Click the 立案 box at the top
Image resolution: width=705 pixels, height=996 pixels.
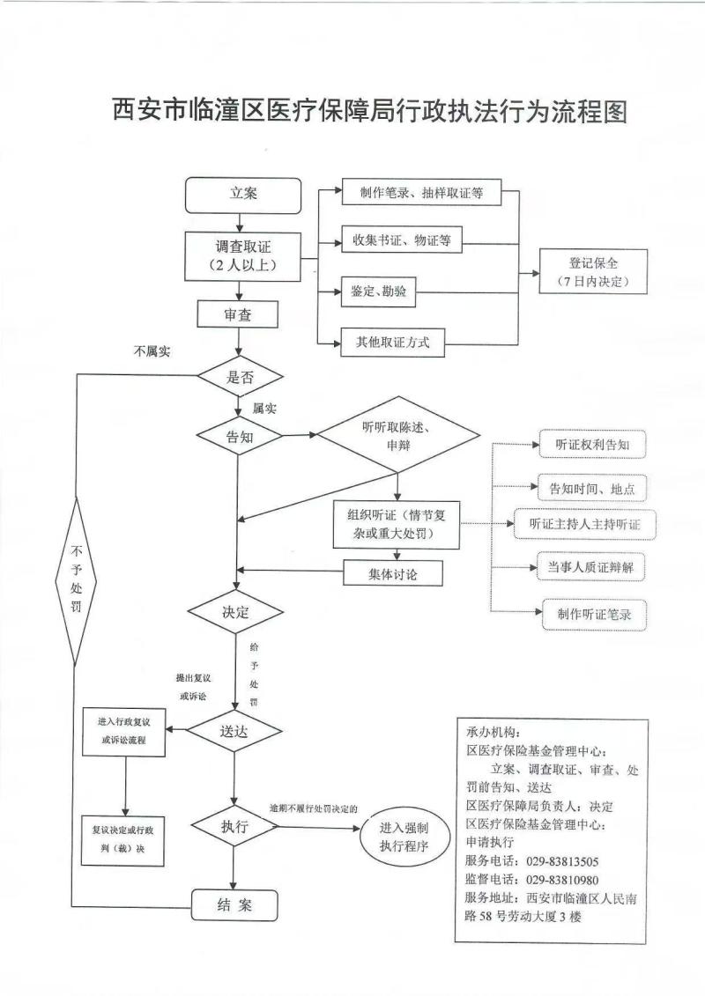pos(242,196)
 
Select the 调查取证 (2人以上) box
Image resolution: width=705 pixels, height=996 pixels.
pos(242,255)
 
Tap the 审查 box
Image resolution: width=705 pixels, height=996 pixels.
pos(238,315)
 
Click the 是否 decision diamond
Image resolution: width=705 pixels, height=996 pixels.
pos(240,377)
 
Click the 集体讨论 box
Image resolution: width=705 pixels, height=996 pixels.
pos(392,573)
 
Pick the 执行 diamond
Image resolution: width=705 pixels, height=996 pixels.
pos(234,828)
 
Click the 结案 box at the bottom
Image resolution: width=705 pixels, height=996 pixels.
pos(234,904)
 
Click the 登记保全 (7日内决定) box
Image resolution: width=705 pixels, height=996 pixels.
pos(593,272)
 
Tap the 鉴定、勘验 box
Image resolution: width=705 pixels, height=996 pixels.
pos(378,292)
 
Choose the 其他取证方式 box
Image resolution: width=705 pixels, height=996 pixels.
pos(393,343)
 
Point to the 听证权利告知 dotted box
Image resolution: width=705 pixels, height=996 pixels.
pos(592,446)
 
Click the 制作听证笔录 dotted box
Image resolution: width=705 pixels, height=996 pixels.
pos(594,614)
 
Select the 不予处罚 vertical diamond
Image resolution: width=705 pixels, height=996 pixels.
pos(76,581)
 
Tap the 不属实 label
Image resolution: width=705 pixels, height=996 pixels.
pos(152,351)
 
